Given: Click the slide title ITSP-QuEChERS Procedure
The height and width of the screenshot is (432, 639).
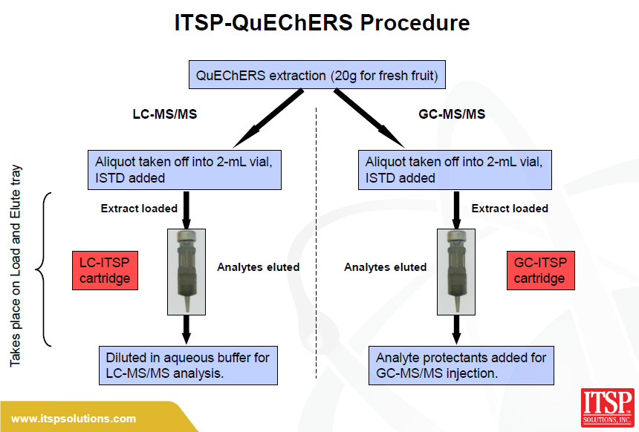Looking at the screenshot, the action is tap(322, 22).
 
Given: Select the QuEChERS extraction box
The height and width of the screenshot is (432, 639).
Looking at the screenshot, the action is tap(317, 75).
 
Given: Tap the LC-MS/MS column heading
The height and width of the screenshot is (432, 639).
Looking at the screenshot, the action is tap(165, 114).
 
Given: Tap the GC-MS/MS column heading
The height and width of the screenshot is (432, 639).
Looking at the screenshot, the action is tap(452, 114).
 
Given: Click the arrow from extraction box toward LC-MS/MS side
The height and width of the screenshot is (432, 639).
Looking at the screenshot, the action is tap(268, 119).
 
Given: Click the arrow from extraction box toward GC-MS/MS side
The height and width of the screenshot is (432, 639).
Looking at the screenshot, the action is tap(369, 119).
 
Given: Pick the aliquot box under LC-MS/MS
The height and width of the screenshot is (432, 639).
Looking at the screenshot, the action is tap(184, 170).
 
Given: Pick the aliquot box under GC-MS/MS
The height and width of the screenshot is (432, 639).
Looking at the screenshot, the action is tap(455, 170).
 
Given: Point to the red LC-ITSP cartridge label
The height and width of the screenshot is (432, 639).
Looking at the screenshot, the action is tap(106, 270).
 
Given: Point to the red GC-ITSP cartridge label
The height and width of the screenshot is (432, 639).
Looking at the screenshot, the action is tap(541, 270).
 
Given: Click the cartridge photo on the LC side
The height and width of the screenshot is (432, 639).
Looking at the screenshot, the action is tap(186, 272).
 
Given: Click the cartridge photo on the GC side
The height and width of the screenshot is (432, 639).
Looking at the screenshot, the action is tap(456, 272).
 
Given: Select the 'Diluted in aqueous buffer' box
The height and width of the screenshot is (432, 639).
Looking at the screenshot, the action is tap(188, 366).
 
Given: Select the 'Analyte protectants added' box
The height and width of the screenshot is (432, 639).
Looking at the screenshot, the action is tap(461, 366).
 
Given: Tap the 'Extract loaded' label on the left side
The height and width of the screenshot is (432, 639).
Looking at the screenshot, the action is tap(139, 209).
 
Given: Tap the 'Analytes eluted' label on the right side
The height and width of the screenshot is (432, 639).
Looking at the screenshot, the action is tap(385, 267).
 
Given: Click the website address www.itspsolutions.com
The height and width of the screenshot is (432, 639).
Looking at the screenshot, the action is tap(74, 419).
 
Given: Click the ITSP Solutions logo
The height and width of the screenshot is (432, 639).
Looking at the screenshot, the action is tap(607, 408).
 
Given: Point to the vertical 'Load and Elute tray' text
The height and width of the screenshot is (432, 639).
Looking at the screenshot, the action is tap(16, 266).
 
